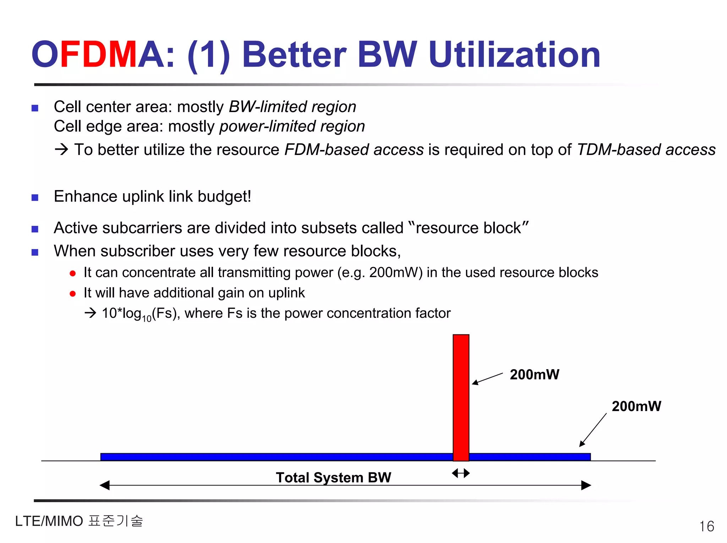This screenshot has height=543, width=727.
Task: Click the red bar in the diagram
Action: [x=461, y=397]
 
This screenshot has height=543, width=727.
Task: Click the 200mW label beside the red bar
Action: [x=534, y=375]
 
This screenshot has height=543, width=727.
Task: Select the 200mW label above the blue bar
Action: [x=636, y=406]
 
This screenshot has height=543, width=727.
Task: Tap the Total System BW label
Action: [x=333, y=477]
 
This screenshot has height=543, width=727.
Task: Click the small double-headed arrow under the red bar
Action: [x=461, y=473]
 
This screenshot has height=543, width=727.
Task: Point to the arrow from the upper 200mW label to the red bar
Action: [x=487, y=378]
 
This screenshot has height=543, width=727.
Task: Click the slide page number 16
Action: [x=706, y=526]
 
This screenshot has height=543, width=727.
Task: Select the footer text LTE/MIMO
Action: [x=49, y=521]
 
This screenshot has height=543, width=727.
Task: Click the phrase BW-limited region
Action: [x=292, y=107]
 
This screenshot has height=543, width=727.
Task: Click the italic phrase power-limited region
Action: [x=292, y=127]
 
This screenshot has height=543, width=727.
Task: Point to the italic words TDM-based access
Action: [x=646, y=150]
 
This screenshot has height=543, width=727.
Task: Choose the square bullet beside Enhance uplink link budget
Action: [x=35, y=198]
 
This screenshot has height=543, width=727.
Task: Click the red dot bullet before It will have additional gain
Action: [x=73, y=294]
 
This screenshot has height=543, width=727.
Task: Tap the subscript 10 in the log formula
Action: [x=147, y=318]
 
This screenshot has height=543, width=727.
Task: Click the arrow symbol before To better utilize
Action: [x=61, y=150]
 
